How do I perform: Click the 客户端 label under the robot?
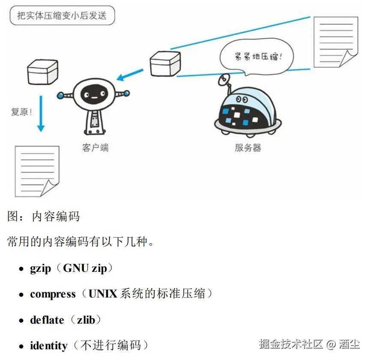(x=95, y=148)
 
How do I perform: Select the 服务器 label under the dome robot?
(x=248, y=148)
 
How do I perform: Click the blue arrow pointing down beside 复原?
(x=41, y=113)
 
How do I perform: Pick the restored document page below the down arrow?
(x=36, y=170)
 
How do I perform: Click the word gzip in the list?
(x=40, y=269)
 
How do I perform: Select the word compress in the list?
(x=53, y=295)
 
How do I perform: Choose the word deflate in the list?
(x=47, y=320)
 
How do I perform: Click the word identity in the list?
(x=49, y=346)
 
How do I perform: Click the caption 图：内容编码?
(x=43, y=216)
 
